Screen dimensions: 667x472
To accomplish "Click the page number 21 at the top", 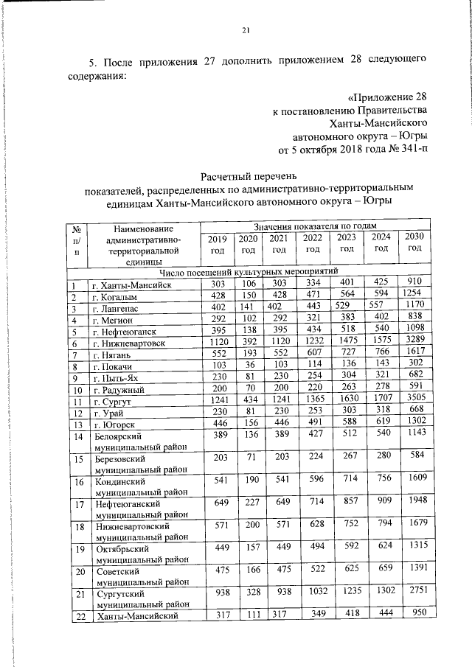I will (x=246, y=30).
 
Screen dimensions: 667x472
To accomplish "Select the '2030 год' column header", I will (x=414, y=242).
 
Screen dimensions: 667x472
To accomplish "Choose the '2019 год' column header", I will (x=217, y=243).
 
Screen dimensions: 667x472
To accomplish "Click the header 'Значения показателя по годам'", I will (x=315, y=225).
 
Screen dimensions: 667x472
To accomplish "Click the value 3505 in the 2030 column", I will (x=414, y=402).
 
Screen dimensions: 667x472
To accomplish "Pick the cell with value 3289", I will (x=414, y=343).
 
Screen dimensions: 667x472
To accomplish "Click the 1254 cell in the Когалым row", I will (x=414, y=296).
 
